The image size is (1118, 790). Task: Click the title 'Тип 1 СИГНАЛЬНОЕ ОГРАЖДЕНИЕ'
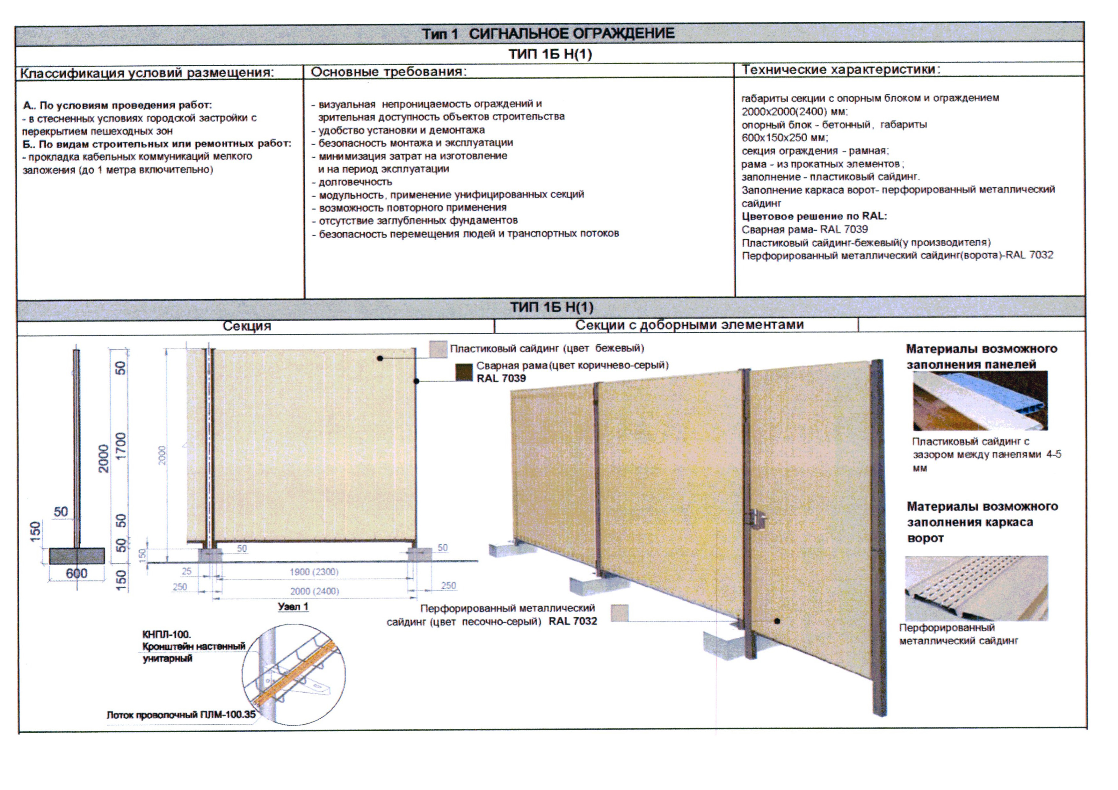point(548,33)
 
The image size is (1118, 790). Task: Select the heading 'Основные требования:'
point(388,72)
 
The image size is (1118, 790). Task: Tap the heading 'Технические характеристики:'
point(841,69)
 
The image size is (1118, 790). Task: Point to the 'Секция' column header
point(247,326)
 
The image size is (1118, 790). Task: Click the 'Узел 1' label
point(293,606)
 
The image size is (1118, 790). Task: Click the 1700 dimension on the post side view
point(120,446)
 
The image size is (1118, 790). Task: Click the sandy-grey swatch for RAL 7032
point(619,613)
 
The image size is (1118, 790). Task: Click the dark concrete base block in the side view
point(77,555)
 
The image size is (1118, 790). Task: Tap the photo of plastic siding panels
point(980,401)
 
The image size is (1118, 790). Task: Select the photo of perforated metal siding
point(976,588)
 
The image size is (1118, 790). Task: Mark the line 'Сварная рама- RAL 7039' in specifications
point(804,229)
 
